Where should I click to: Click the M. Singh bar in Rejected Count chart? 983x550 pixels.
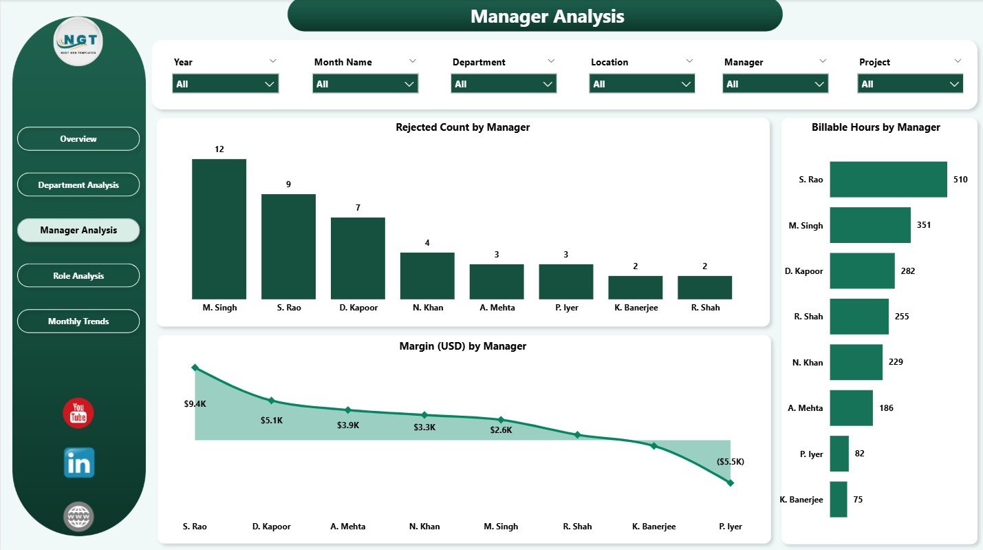pos(219,229)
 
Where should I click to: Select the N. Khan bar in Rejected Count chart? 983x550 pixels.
pos(427,275)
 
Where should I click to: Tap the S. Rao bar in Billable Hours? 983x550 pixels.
pos(888,180)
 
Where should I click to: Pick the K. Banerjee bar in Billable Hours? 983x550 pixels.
pos(838,499)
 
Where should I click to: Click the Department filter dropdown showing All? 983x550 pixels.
pos(504,84)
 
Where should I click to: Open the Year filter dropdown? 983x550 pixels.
pos(226,84)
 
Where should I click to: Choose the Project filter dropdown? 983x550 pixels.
pos(910,84)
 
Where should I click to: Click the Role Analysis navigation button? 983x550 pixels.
pos(78,276)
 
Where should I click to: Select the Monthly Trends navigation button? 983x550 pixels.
pos(78,321)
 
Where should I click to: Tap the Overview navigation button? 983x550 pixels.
pos(78,139)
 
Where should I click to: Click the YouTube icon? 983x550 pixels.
pos(78,413)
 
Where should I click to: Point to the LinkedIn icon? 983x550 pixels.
pos(78,463)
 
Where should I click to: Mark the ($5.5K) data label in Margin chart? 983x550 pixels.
pos(730,461)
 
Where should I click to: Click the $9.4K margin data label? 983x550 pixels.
pos(195,404)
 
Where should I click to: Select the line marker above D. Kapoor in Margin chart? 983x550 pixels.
pos(272,401)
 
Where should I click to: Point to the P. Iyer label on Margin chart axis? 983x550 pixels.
pos(729,527)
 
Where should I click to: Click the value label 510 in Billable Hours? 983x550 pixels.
pos(960,180)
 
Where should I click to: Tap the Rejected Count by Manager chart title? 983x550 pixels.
pos(462,127)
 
